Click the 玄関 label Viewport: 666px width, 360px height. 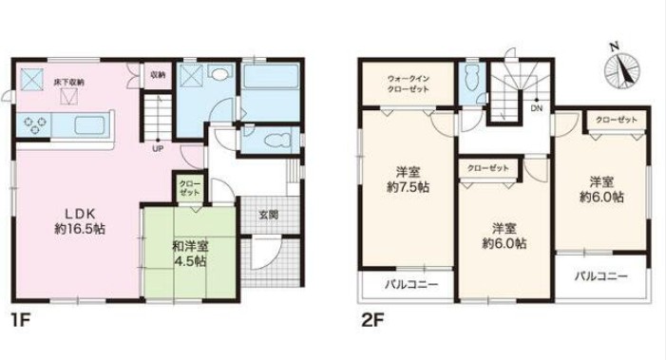coord(267,216)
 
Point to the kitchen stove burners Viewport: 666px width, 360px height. coord(39,123)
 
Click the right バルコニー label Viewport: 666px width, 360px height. coord(605,276)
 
